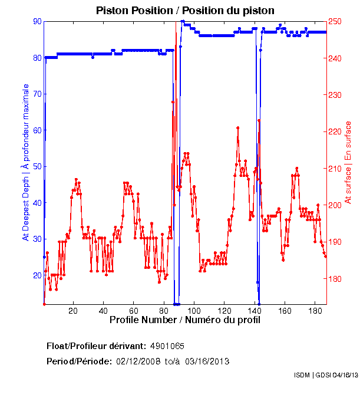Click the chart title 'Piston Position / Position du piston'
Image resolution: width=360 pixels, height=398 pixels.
tap(185, 10)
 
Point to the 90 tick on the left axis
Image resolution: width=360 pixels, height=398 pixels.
tap(38, 21)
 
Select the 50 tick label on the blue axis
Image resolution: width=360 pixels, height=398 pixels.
tap(38, 167)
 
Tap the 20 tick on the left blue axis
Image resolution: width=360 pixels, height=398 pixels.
tap(38, 276)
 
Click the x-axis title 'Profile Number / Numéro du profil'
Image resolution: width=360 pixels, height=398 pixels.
tap(185, 320)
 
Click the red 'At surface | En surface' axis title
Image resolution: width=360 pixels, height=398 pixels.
tap(348, 163)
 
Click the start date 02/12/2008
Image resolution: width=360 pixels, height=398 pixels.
tap(137, 361)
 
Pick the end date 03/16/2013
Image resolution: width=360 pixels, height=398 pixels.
tap(207, 361)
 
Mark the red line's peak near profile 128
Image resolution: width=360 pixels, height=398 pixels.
tap(237, 127)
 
